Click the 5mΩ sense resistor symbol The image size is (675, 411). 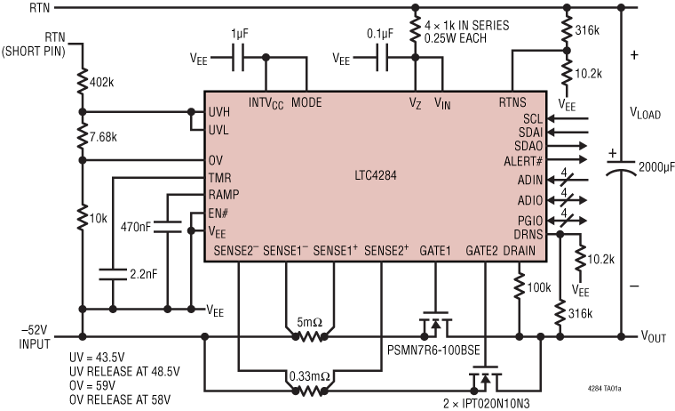point(309,337)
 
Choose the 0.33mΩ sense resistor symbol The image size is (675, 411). point(309,390)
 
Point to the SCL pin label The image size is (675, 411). point(532,117)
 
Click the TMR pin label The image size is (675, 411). point(220,178)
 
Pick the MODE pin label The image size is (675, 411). point(306,102)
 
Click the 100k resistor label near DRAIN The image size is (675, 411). point(539,287)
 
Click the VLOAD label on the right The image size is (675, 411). point(646,113)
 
